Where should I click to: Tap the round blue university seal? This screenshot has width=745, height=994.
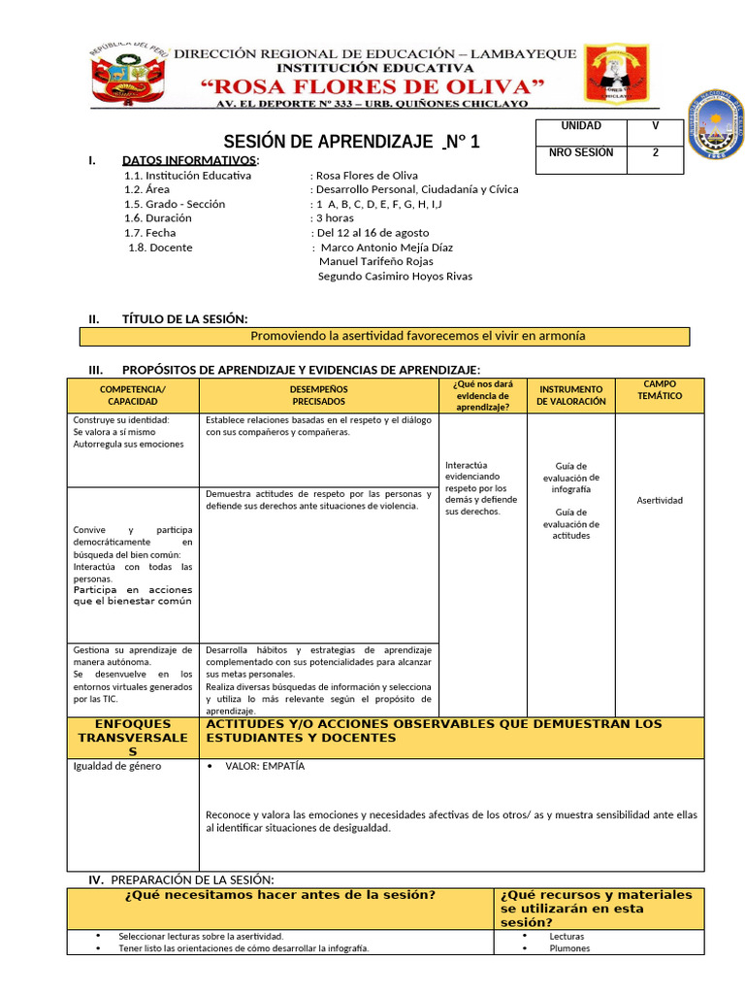coord(716,125)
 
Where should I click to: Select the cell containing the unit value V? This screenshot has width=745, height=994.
coord(655,126)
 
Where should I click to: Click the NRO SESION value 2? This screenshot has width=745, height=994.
coord(655,152)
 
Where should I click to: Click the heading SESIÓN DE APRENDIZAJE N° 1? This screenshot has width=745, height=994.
coord(352,143)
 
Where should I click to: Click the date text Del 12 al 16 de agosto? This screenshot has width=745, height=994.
coord(371,233)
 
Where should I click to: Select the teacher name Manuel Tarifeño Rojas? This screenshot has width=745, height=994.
coord(375,261)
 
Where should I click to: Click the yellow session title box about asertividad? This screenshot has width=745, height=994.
coord(384,336)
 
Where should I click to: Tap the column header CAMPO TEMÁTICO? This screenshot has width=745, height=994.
coord(660,390)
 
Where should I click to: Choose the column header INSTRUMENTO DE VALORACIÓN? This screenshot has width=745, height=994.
coord(571,395)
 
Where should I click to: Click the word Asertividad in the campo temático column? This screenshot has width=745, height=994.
coord(660,501)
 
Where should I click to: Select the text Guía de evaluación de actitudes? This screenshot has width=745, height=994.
coord(571,523)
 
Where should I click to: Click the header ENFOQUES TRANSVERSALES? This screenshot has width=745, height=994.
coord(133,738)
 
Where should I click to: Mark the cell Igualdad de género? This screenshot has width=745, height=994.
coord(118,766)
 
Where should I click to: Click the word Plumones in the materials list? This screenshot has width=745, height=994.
coord(569,948)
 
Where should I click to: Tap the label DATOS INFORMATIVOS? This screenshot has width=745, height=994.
coord(190,159)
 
